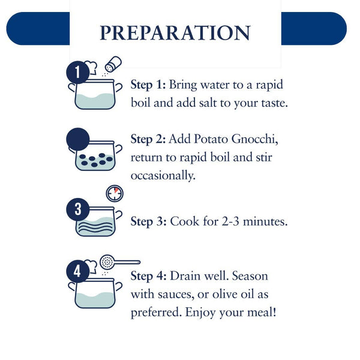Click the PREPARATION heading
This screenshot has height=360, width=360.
pos(175,33)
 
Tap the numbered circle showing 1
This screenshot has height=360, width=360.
pos(77,73)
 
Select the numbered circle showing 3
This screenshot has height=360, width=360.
pos(77,209)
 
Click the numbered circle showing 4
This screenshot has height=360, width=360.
pos(77,271)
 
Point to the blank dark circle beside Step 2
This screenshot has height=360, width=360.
pos(77,139)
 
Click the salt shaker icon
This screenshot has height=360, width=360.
pos(113,64)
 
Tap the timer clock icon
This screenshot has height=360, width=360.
pos(115,194)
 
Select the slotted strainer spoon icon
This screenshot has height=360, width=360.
pos(120,262)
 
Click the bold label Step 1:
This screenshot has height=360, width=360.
pos(148,85)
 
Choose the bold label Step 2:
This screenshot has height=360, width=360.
pos(148,139)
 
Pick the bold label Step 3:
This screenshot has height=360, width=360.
pos(149,221)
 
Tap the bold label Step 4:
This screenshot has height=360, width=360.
pos(149,276)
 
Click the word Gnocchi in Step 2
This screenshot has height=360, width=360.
pos(254,139)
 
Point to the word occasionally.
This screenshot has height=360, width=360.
pos(163,176)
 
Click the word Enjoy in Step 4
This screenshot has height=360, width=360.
pos(200,313)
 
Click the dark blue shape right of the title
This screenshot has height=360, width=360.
pos(314,28)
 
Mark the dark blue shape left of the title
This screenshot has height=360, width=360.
pos(38,28)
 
